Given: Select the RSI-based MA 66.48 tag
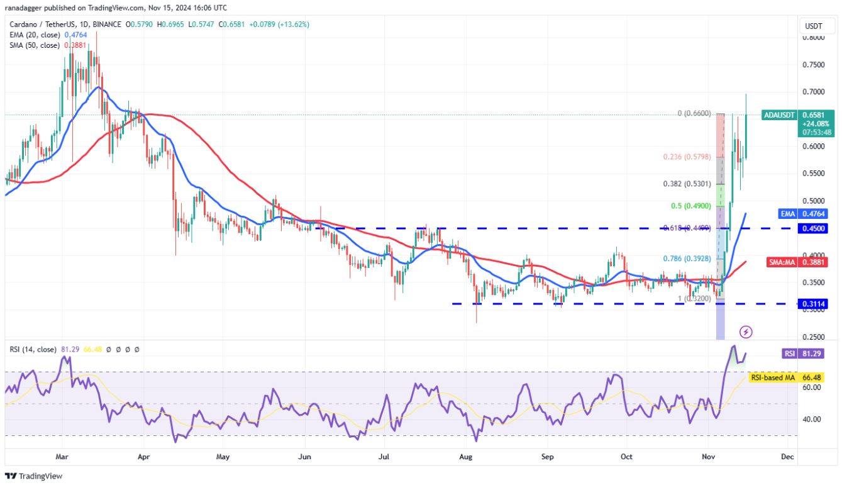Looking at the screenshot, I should click(x=792, y=377).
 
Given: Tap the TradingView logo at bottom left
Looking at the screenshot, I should click(x=34, y=476).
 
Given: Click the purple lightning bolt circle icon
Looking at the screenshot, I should click(x=746, y=332).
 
